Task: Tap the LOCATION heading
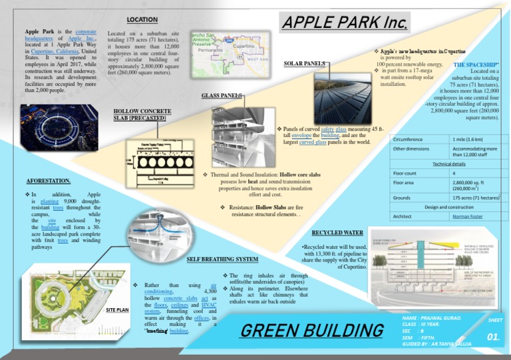tap(142, 20)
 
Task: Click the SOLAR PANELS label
tap(305, 63)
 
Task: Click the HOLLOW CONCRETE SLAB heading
tap(138, 114)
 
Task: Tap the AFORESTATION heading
tap(49, 180)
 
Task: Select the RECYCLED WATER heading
tap(337, 233)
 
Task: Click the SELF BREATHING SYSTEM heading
tap(222, 258)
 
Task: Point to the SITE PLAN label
tap(117, 310)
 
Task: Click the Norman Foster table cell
tap(468, 216)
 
